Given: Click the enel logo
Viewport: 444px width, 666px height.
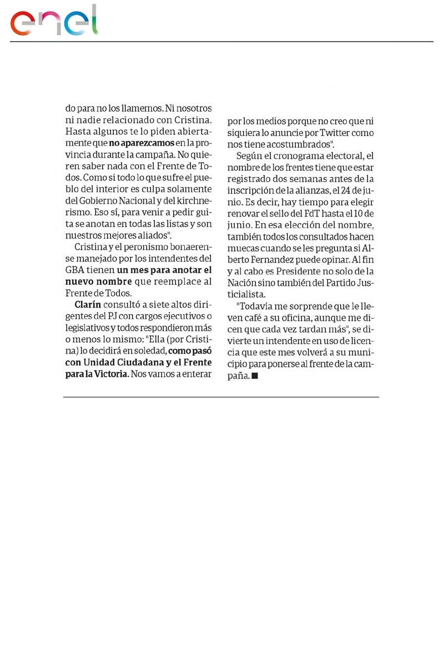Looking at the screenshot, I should point(54,21).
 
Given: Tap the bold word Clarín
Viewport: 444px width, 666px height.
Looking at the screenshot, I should point(87,304).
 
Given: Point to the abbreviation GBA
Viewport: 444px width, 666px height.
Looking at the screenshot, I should point(75,270).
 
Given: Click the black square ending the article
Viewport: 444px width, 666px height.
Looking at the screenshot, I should point(255,376).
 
